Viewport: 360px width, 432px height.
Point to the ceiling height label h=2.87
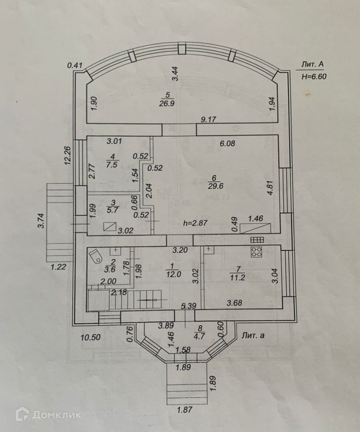click(195, 224)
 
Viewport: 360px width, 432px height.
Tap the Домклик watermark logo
click(48, 414)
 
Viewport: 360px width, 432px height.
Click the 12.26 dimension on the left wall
click(68, 155)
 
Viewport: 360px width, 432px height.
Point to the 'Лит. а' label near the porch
click(253, 336)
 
